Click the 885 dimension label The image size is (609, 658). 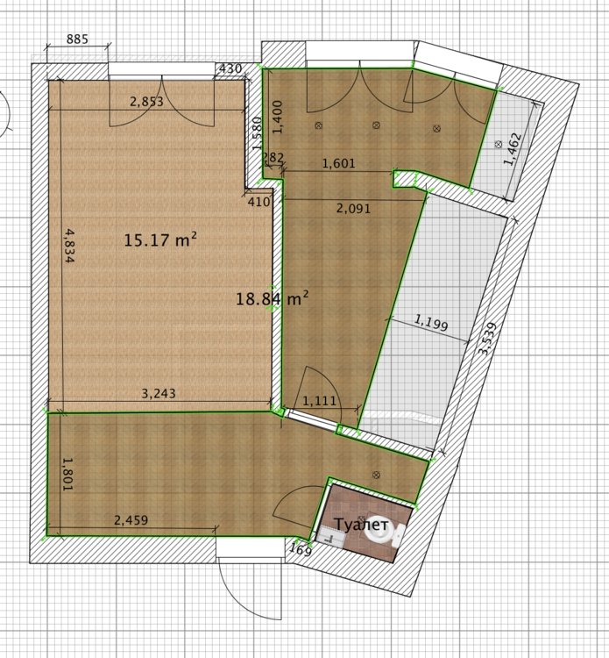pyautogui.click(x=77, y=39)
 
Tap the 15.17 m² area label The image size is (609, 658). pyautogui.click(x=160, y=240)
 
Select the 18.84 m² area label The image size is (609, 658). pyautogui.click(x=272, y=299)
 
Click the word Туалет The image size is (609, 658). pyautogui.click(x=361, y=524)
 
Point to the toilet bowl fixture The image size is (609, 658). pyautogui.click(x=381, y=530)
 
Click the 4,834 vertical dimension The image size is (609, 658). pyautogui.click(x=69, y=246)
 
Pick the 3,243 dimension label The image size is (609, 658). pyautogui.click(x=159, y=393)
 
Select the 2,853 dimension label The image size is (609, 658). pyautogui.click(x=146, y=101)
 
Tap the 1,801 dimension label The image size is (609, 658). pyautogui.click(x=67, y=474)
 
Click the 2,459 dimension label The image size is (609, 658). pyautogui.click(x=131, y=520)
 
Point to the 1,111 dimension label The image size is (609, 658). pyautogui.click(x=319, y=401)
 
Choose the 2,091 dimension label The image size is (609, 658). pyautogui.click(x=354, y=208)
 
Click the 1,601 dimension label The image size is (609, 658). pyautogui.click(x=338, y=163)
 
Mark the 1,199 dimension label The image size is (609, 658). pyautogui.click(x=431, y=322)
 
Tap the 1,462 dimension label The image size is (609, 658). pyautogui.click(x=513, y=149)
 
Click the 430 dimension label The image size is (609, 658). pyautogui.click(x=230, y=68)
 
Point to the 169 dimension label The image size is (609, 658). pyautogui.click(x=301, y=549)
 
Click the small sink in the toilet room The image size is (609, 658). pyautogui.click(x=330, y=535)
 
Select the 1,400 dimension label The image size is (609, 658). pyautogui.click(x=278, y=117)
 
